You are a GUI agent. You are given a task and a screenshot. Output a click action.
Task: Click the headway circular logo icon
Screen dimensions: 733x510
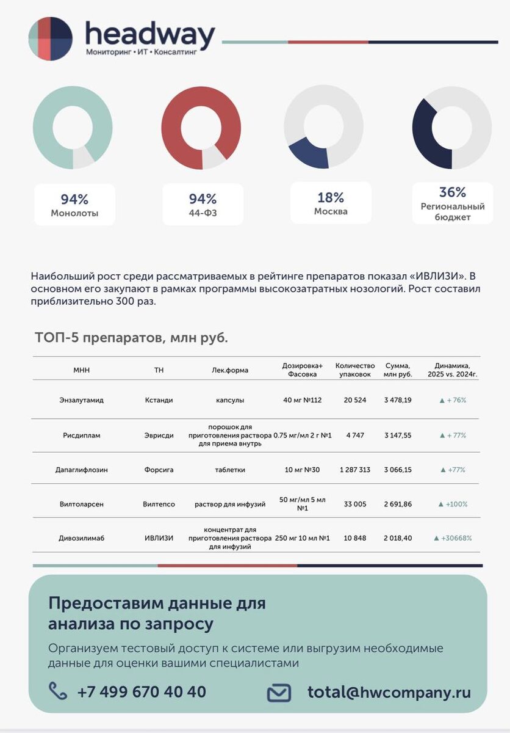click(x=51, y=38)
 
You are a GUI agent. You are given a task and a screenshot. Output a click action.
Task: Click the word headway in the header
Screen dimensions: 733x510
click(x=149, y=35)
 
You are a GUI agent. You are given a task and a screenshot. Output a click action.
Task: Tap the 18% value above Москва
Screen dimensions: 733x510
click(x=331, y=197)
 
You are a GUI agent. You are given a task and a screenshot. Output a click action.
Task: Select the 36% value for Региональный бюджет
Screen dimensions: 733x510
click(x=452, y=192)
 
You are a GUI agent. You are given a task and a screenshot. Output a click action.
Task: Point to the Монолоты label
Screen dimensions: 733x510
click(x=74, y=213)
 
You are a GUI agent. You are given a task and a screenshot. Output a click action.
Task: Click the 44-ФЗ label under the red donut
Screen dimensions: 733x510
click(x=203, y=213)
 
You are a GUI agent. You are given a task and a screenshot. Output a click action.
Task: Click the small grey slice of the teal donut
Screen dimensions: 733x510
click(x=83, y=158)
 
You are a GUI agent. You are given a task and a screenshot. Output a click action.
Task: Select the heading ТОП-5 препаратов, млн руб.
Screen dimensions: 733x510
click(x=131, y=338)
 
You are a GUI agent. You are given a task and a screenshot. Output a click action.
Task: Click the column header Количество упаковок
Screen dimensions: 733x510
click(x=355, y=370)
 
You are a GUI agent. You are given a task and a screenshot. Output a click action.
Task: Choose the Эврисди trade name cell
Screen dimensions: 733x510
click(x=159, y=436)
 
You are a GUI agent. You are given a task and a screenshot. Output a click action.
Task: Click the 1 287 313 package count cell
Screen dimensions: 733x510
click(x=355, y=470)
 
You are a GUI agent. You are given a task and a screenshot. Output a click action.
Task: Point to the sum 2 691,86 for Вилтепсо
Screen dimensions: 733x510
click(x=398, y=504)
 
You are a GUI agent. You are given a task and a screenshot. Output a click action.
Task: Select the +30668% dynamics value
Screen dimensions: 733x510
click(x=453, y=538)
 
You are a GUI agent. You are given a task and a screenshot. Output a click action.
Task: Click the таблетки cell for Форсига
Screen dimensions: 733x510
click(x=230, y=470)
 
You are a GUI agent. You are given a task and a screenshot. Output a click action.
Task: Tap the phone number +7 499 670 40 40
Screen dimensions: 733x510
click(x=142, y=692)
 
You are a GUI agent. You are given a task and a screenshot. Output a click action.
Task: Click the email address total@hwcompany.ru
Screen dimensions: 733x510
click(x=389, y=692)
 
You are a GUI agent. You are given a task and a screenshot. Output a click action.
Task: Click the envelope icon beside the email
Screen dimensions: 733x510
click(x=279, y=693)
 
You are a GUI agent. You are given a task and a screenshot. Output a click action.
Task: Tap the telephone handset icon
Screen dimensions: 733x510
click(x=58, y=691)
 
